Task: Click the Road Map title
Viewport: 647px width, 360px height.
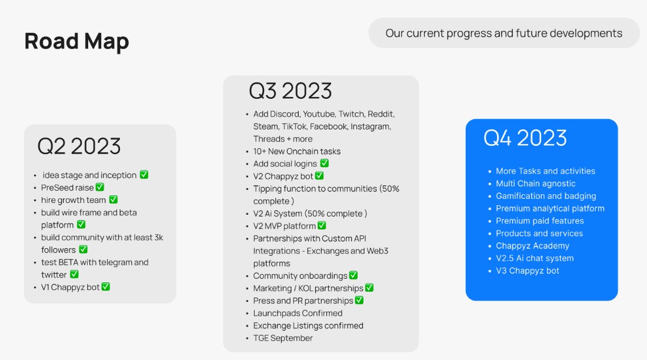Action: (76, 41)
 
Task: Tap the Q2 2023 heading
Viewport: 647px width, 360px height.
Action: (79, 146)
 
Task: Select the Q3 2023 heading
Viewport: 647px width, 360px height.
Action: (290, 91)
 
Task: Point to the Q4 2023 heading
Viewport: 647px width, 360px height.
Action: (525, 138)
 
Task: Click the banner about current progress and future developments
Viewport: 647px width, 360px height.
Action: (503, 33)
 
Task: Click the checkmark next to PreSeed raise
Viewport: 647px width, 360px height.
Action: (100, 188)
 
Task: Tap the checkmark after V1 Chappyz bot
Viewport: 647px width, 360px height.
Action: (106, 287)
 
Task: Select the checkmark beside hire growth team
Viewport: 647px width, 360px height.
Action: (113, 200)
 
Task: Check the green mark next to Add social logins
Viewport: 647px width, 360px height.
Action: (324, 164)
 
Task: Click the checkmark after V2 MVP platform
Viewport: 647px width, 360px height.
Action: (322, 226)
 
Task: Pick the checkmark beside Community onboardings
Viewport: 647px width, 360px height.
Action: (353, 275)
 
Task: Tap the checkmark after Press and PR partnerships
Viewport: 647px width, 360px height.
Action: (359, 301)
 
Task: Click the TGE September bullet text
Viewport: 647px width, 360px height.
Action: (283, 338)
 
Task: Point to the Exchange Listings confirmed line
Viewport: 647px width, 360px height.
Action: (308, 326)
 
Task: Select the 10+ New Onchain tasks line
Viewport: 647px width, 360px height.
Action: (297, 151)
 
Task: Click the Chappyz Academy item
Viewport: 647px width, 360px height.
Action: (532, 246)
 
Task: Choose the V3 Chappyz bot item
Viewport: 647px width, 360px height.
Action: (528, 271)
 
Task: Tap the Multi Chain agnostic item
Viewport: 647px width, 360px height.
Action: (536, 184)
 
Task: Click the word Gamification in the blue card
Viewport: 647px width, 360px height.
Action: (520, 196)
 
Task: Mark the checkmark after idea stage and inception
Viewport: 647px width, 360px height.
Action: (144, 175)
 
